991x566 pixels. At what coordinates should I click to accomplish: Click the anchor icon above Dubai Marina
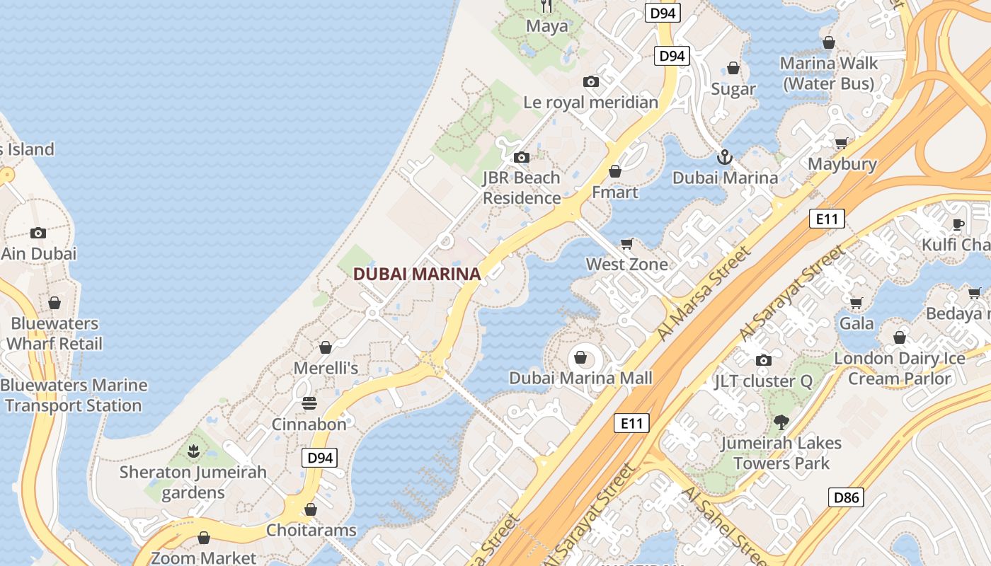tap(724, 156)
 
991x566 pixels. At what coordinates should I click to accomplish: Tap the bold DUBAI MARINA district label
tap(417, 274)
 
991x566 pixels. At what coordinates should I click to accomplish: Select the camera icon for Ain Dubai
tap(38, 233)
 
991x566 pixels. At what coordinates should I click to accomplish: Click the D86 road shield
tap(846, 497)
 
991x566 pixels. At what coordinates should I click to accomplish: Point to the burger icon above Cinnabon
tap(309, 403)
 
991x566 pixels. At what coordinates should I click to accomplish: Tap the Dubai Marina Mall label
tap(580, 378)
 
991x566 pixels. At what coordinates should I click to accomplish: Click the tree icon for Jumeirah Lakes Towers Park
tap(781, 422)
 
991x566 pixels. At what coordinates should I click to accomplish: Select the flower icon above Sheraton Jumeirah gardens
tap(193, 451)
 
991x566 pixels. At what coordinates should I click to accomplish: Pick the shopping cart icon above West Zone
tap(626, 244)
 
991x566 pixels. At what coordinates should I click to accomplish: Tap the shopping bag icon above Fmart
tap(615, 171)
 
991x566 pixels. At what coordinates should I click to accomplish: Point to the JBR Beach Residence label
tap(522, 188)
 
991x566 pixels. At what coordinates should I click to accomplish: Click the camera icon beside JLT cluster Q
tap(763, 360)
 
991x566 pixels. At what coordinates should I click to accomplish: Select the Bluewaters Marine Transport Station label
tap(74, 395)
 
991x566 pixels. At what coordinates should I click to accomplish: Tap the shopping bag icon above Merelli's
tap(326, 347)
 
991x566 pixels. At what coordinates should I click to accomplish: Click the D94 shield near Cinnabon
tap(319, 458)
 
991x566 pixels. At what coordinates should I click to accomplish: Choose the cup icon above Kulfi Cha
tap(958, 224)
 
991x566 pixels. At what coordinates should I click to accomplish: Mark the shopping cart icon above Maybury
tap(842, 144)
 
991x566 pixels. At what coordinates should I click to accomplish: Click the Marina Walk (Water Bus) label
tap(828, 74)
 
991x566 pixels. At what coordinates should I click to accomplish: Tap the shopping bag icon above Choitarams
tap(311, 509)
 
